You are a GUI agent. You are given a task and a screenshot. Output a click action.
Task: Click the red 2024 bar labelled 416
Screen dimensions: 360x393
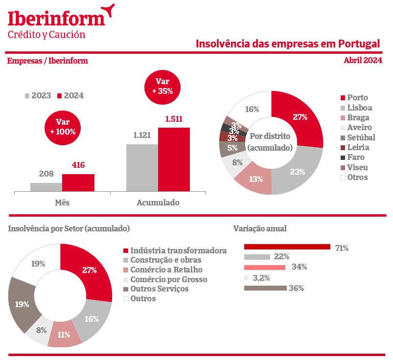pyautogui.click(x=78, y=182)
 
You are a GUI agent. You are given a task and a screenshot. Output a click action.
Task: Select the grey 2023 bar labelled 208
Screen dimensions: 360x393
pyautogui.click(x=46, y=187)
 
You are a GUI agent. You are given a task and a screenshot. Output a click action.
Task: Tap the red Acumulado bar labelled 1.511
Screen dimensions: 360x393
pyautogui.click(x=174, y=159)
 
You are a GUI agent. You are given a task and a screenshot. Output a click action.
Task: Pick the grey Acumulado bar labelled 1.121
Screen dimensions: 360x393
pyautogui.click(x=142, y=168)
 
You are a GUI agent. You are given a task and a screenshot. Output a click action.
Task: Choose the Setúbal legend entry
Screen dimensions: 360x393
pyautogui.click(x=361, y=137)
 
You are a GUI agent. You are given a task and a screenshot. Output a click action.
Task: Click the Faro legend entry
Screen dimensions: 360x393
pyautogui.click(x=356, y=157)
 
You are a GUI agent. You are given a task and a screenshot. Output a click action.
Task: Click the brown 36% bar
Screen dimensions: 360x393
pyautogui.click(x=265, y=288)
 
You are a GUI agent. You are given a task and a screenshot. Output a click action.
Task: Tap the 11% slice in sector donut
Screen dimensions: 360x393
pyautogui.click(x=64, y=335)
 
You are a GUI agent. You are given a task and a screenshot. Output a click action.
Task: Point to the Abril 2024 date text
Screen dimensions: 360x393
pyautogui.click(x=363, y=61)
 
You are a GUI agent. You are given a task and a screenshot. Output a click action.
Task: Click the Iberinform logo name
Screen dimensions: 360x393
pyautogui.click(x=56, y=19)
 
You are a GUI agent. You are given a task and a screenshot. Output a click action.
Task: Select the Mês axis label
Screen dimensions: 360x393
pyautogui.click(x=62, y=202)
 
